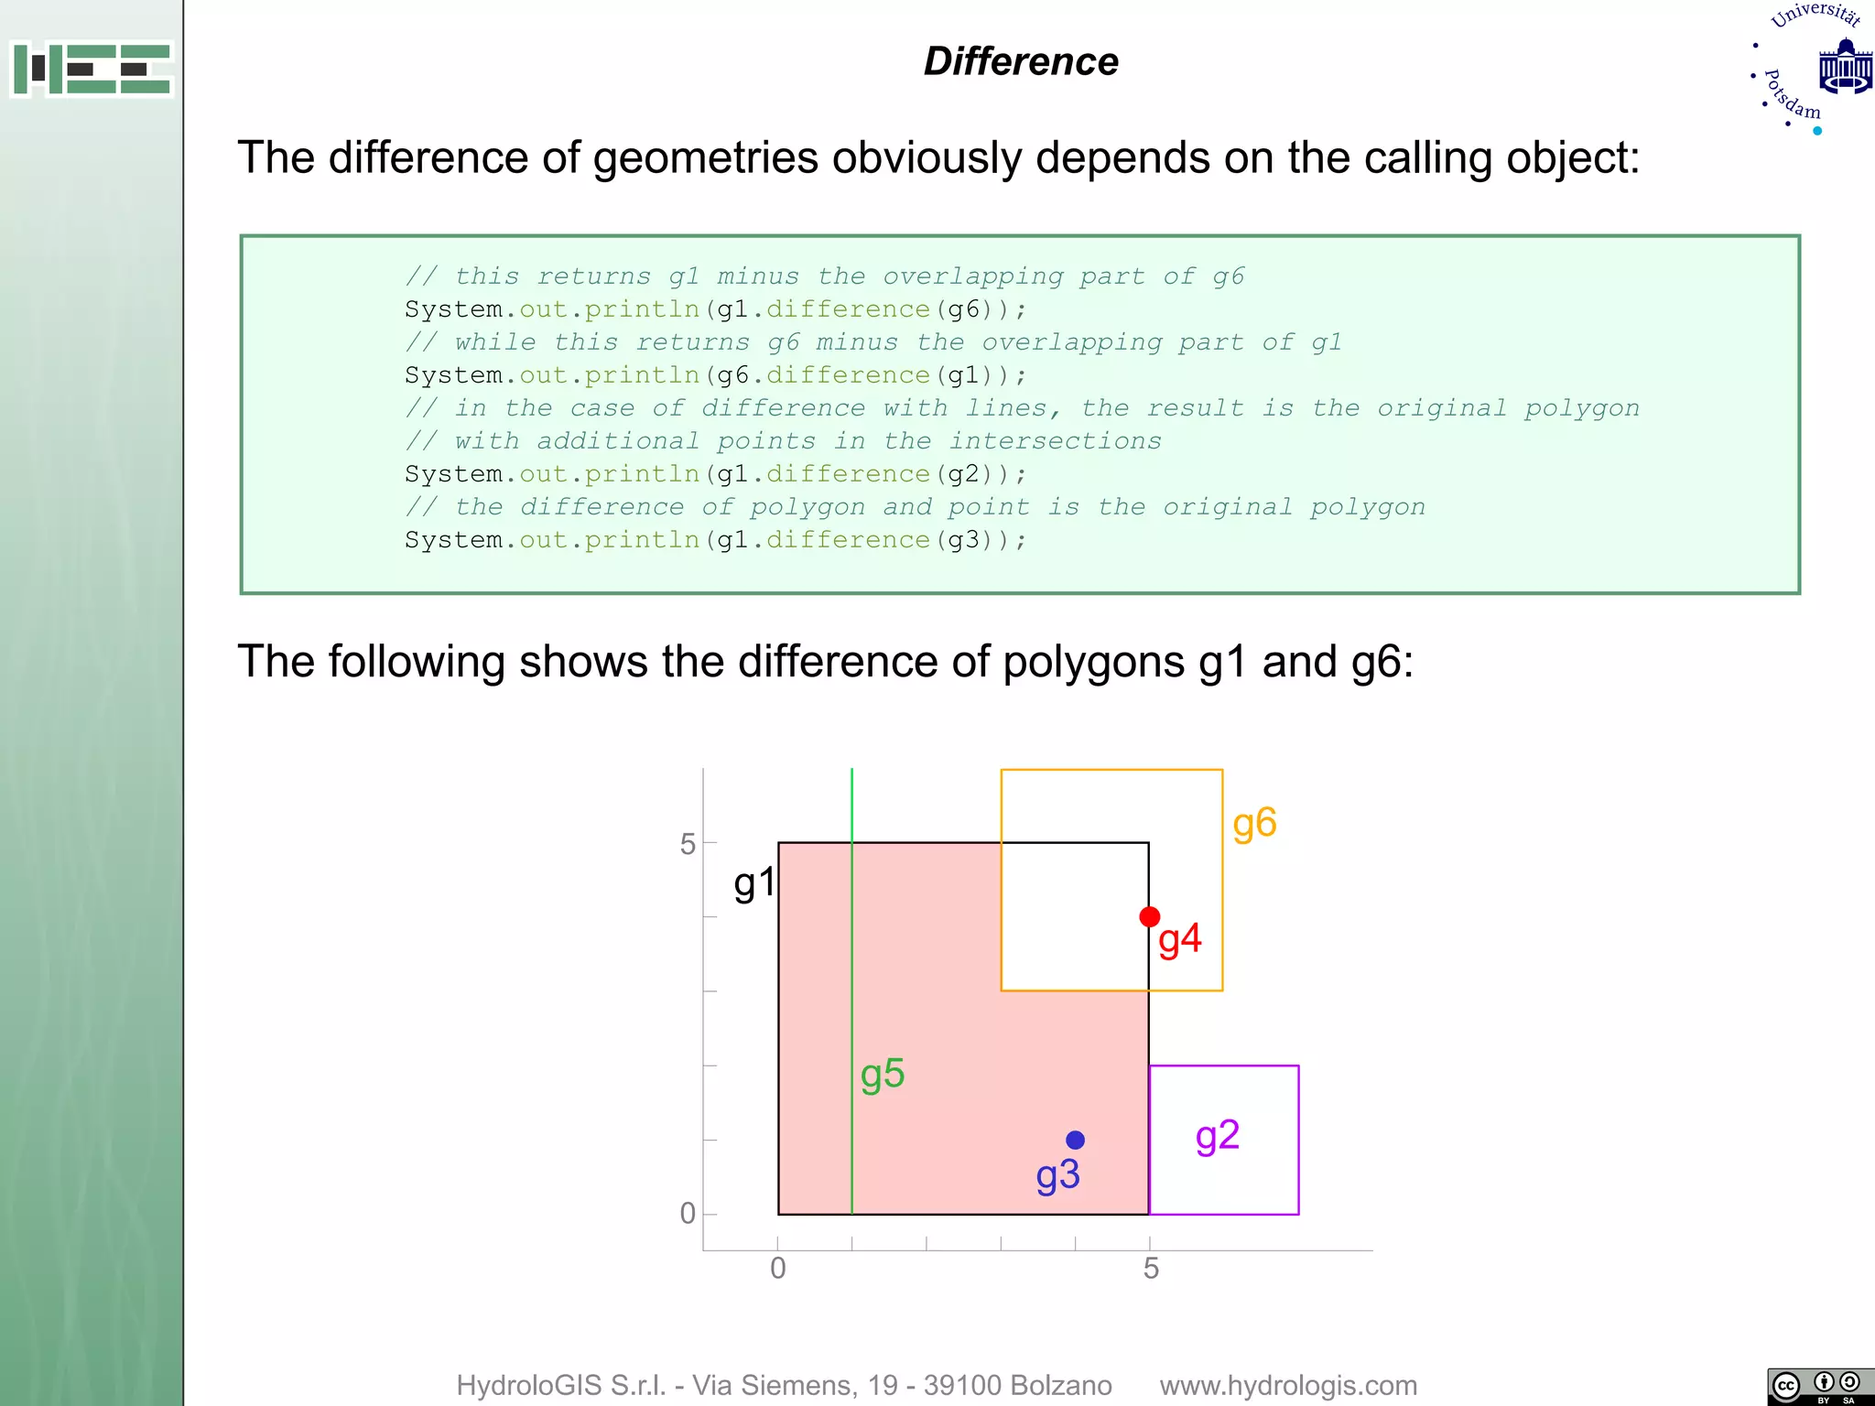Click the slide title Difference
[1021, 61]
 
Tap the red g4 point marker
[1150, 916]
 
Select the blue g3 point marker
[1076, 1140]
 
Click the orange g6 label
[1254, 824]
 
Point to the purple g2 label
[1218, 1137]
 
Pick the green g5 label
[883, 1075]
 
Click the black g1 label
[754, 884]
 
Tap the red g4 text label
[1180, 940]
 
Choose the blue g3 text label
[1058, 1176]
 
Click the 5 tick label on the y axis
[688, 844]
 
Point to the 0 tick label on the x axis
[778, 1269]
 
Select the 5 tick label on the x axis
[1151, 1269]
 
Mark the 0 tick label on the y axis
[688, 1214]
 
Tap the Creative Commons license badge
[1819, 1386]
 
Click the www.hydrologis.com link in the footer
[1288, 1386]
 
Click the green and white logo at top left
[92, 69]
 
